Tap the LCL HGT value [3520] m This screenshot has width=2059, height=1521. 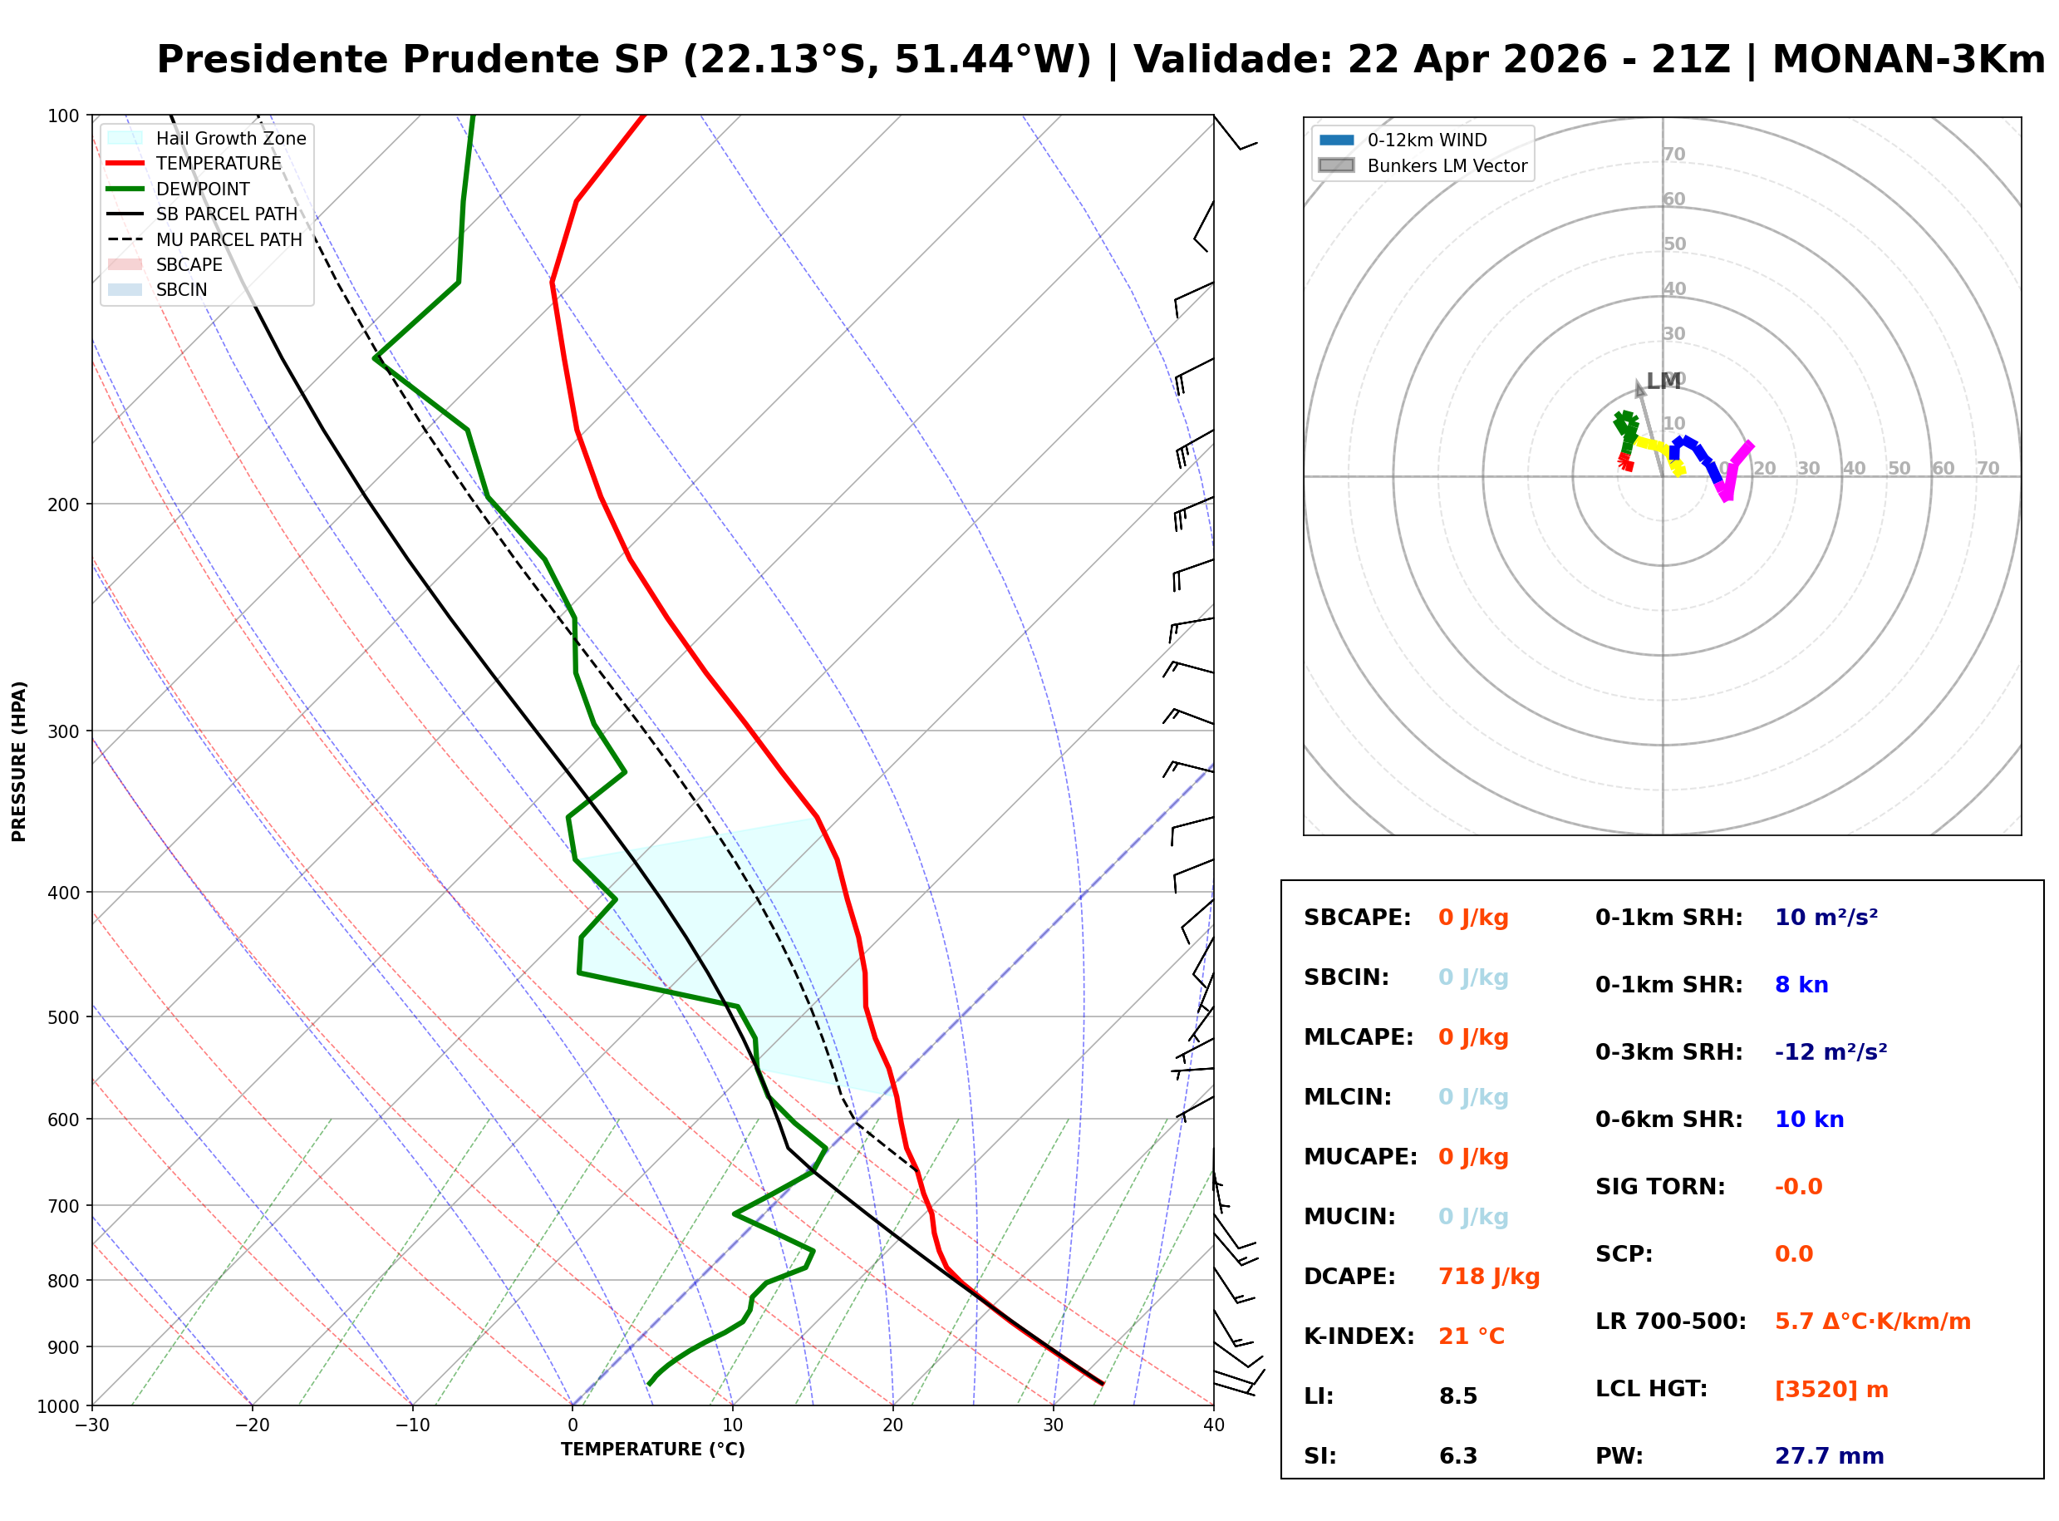pyautogui.click(x=1830, y=1390)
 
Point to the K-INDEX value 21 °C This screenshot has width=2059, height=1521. pyautogui.click(x=1471, y=1336)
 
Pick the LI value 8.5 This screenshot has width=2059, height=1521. pyautogui.click(x=1458, y=1396)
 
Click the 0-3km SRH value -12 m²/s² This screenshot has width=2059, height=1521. pyautogui.click(x=1830, y=1052)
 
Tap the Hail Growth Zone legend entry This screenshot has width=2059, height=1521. pyautogui.click(x=230, y=138)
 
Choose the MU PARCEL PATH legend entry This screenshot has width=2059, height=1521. pyautogui.click(x=229, y=239)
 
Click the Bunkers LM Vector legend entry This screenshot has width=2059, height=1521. pyautogui.click(x=1447, y=165)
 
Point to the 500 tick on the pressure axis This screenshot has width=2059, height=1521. pyautogui.click(x=62, y=1017)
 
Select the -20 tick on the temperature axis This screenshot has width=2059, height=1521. pyautogui.click(x=253, y=1426)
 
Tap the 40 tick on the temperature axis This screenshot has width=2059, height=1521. pyautogui.click(x=1213, y=1426)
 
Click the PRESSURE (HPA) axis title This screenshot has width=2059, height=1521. pyautogui.click(x=19, y=761)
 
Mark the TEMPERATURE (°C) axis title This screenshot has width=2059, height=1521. pyautogui.click(x=652, y=1450)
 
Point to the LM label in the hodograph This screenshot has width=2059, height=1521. pyautogui.click(x=1663, y=381)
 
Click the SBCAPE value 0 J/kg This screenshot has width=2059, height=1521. pyautogui.click(x=1472, y=918)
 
